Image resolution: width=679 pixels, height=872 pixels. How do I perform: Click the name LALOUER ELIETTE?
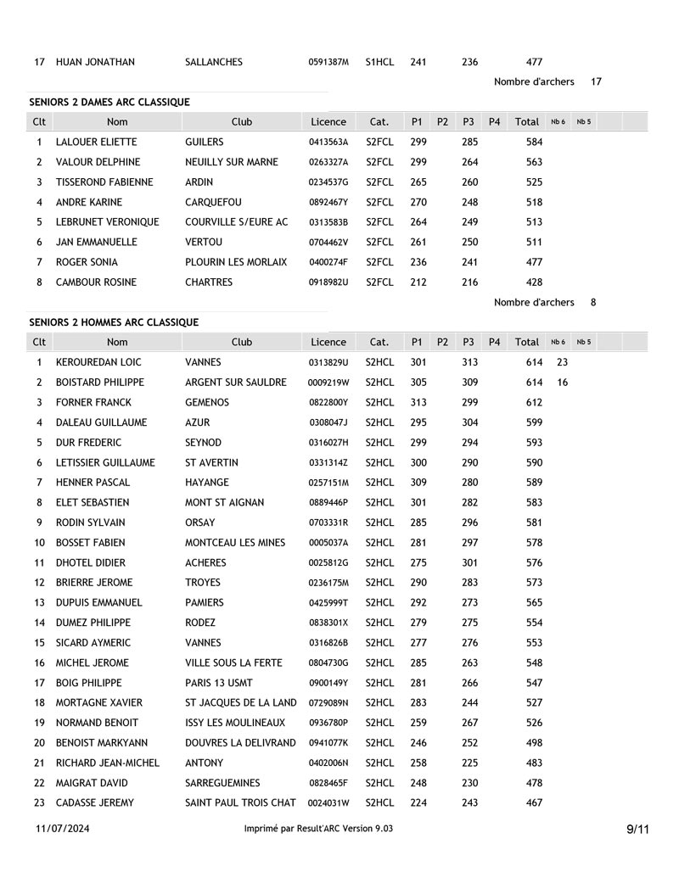coord(96,142)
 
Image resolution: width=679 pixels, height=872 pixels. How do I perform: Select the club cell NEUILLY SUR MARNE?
coord(232,162)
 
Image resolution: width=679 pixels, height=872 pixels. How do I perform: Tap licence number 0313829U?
coord(328,362)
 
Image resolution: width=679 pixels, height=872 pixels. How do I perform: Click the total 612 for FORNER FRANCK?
coord(534,402)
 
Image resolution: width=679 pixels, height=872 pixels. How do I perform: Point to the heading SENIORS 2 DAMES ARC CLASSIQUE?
coord(109,102)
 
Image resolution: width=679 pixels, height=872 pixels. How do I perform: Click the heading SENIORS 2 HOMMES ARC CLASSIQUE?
coord(114,322)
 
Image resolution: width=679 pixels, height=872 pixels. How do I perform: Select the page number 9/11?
coord(637,830)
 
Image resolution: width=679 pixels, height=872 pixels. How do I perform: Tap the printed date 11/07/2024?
coord(63,829)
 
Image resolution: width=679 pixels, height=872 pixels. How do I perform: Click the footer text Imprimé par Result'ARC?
coord(318,829)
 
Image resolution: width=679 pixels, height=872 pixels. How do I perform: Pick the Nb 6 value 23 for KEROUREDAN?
coord(562,362)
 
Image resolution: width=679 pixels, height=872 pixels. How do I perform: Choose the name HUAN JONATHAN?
coord(95,62)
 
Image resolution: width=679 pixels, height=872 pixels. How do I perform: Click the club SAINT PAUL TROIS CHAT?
coord(240,802)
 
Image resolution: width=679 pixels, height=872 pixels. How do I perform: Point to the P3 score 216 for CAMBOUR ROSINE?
coord(469,282)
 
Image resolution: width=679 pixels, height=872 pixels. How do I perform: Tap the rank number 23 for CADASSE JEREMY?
coord(39,802)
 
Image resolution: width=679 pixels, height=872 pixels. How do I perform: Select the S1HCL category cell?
coord(379,62)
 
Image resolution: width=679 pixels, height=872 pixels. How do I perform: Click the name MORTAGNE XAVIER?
coord(99,702)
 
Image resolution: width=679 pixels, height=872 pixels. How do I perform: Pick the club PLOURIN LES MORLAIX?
coord(236,262)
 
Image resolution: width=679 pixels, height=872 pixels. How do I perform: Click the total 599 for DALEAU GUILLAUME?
coord(534,422)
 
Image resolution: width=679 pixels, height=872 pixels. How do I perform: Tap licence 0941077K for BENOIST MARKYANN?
coord(328,743)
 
